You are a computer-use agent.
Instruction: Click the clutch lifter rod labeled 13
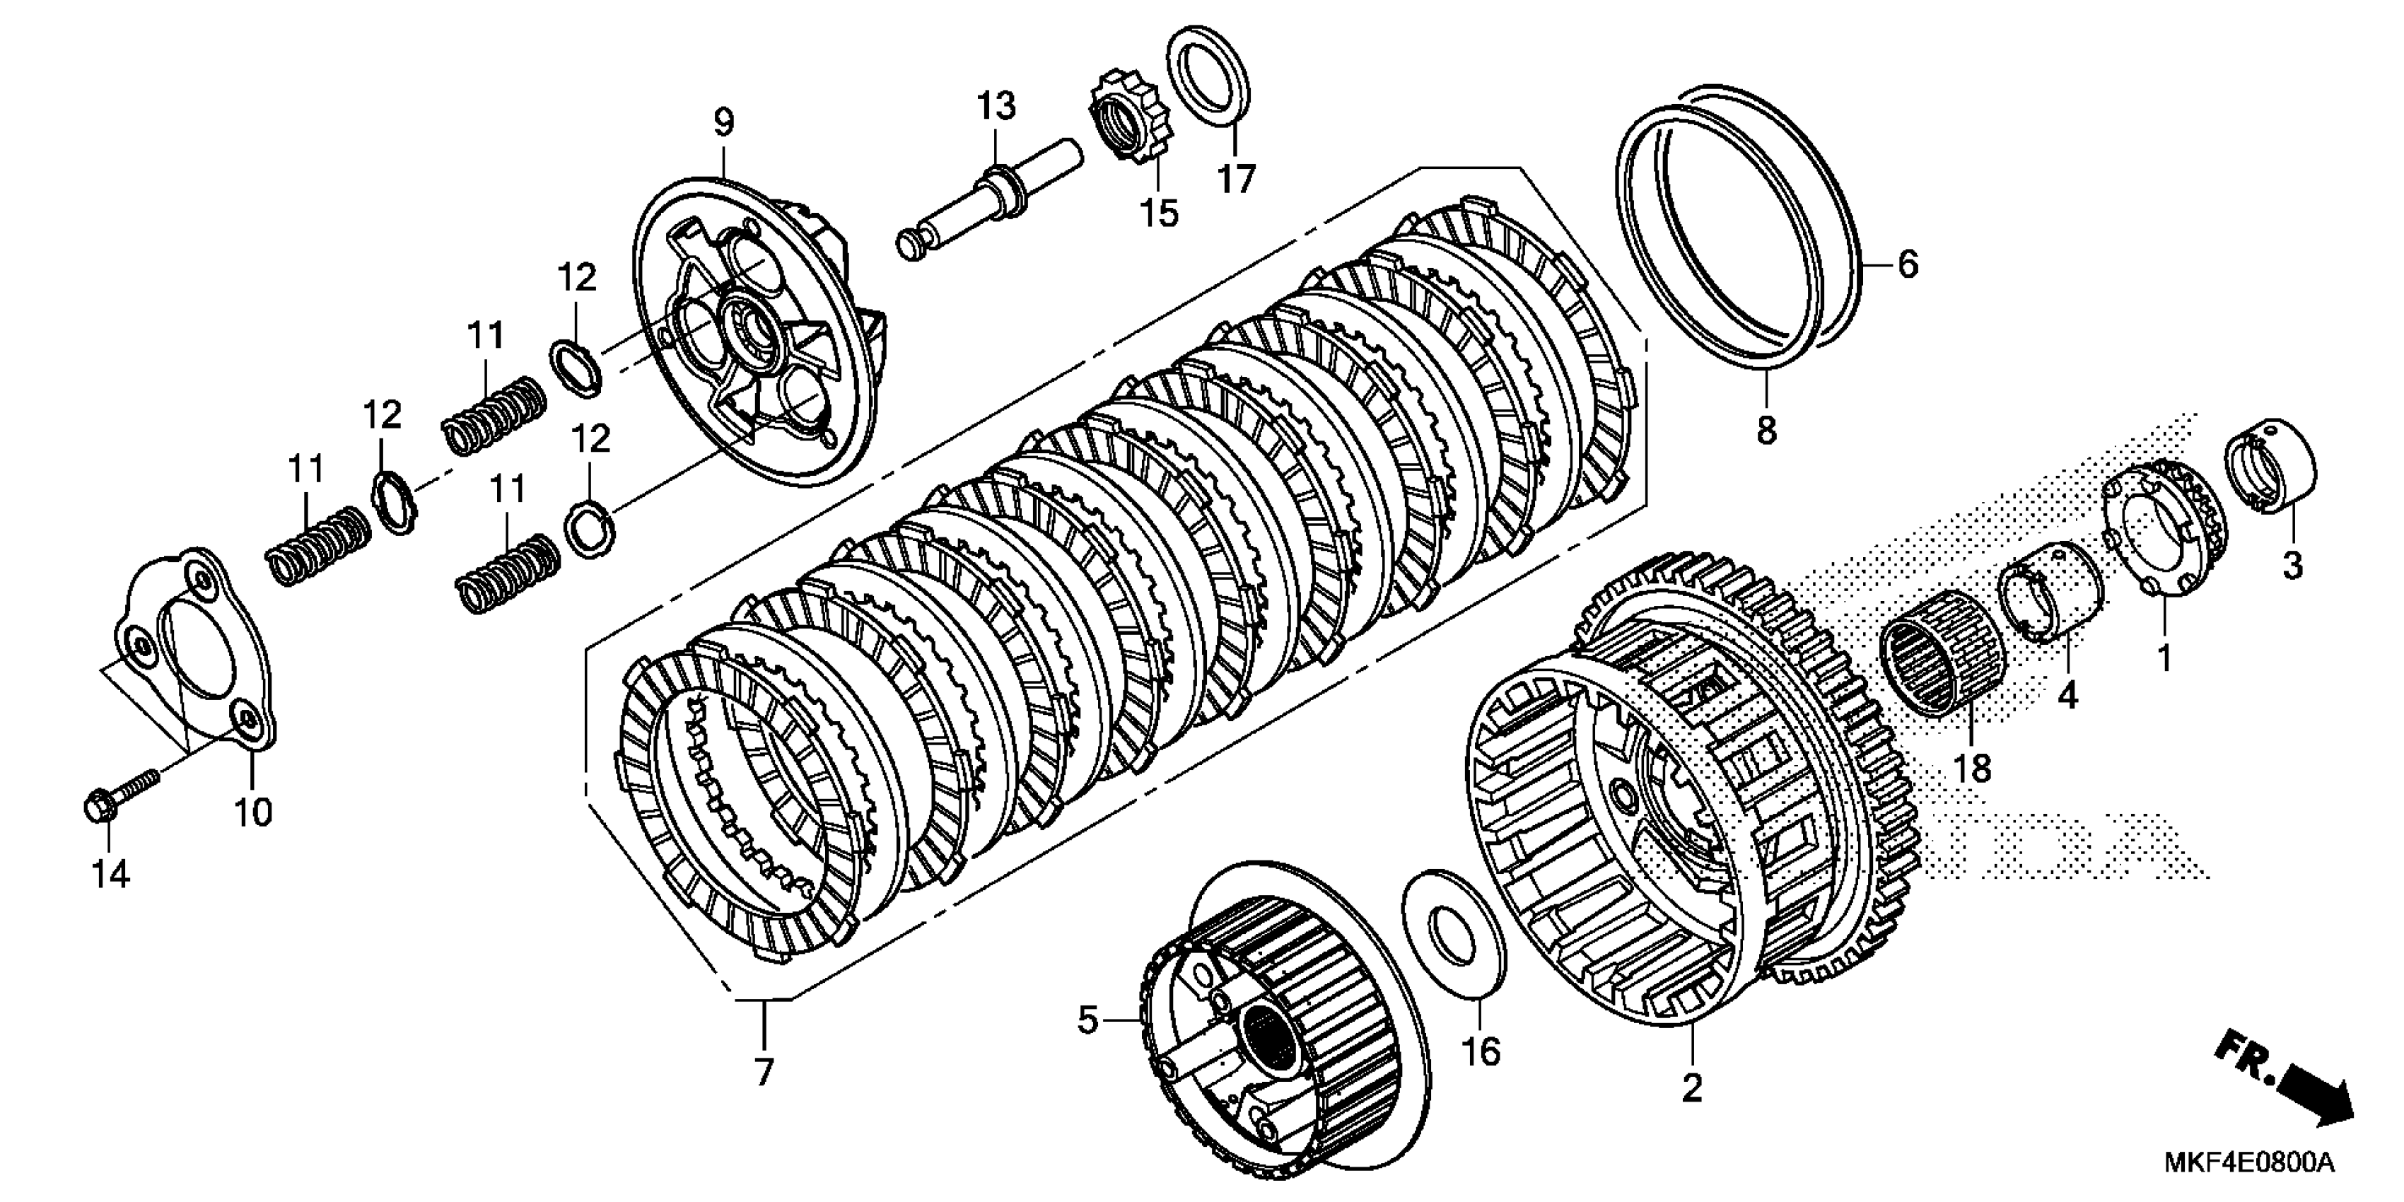989,201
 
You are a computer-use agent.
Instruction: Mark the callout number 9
724,122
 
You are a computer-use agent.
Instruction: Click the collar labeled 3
2280,467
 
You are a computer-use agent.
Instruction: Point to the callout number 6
1908,265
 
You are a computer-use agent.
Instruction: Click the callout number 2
1692,1087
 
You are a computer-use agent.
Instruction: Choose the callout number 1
2163,656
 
